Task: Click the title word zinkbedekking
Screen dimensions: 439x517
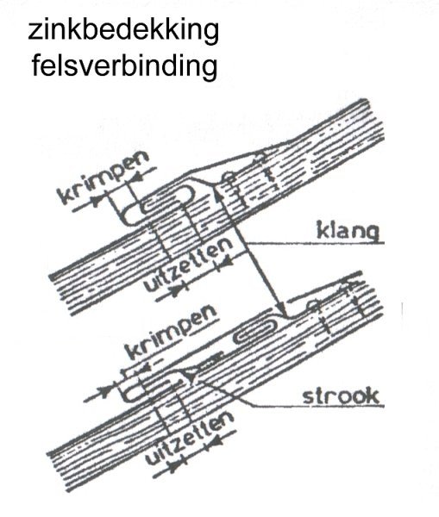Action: (x=123, y=30)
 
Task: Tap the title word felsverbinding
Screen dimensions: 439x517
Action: (x=125, y=66)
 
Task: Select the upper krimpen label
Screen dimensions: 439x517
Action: (x=103, y=178)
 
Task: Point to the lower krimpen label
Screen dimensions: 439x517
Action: (x=172, y=332)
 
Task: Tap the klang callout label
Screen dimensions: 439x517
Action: (x=348, y=231)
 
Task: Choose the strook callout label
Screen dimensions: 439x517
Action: (x=341, y=396)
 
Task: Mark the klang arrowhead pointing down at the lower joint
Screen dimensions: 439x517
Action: (x=281, y=309)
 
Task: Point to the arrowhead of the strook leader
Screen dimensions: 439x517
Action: (x=191, y=375)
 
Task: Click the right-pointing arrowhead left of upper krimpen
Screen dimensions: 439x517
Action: (x=97, y=201)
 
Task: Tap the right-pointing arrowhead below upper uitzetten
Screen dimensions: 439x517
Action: (x=177, y=290)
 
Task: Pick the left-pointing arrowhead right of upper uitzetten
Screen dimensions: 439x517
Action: (x=226, y=262)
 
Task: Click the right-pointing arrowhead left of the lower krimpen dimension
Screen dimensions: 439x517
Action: (x=106, y=392)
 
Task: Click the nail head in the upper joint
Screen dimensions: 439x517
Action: (x=229, y=177)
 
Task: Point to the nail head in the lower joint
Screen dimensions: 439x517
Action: (x=312, y=305)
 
